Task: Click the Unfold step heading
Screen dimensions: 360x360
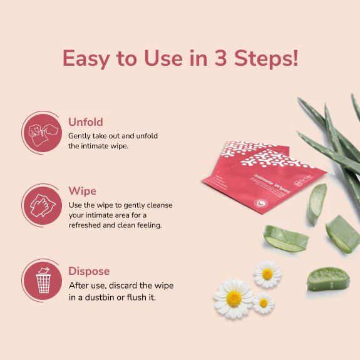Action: coord(86,122)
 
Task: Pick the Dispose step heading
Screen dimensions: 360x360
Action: coord(89,271)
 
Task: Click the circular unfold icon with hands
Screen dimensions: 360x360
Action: coord(43,131)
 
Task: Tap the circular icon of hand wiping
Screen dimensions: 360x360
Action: coord(43,205)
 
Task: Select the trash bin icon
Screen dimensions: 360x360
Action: coord(43,280)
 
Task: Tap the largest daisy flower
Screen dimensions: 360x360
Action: coord(234,298)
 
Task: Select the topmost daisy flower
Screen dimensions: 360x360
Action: coord(267,274)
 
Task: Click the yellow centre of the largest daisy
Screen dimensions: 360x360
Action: coord(234,299)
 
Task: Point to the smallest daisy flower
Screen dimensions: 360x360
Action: coord(264,303)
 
